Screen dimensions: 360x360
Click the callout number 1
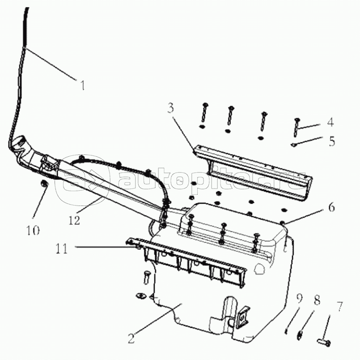pos(82,85)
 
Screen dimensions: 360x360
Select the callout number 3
pos(170,108)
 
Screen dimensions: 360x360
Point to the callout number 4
pos(330,122)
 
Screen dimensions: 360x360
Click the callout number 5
pos(332,141)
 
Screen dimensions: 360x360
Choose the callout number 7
pos(340,306)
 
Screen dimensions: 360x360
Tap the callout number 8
pos(317,300)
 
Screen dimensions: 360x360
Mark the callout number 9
pos(299,298)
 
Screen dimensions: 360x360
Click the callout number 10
pos(33,230)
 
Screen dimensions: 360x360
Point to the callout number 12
pos(74,220)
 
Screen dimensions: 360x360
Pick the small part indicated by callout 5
pos(293,145)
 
